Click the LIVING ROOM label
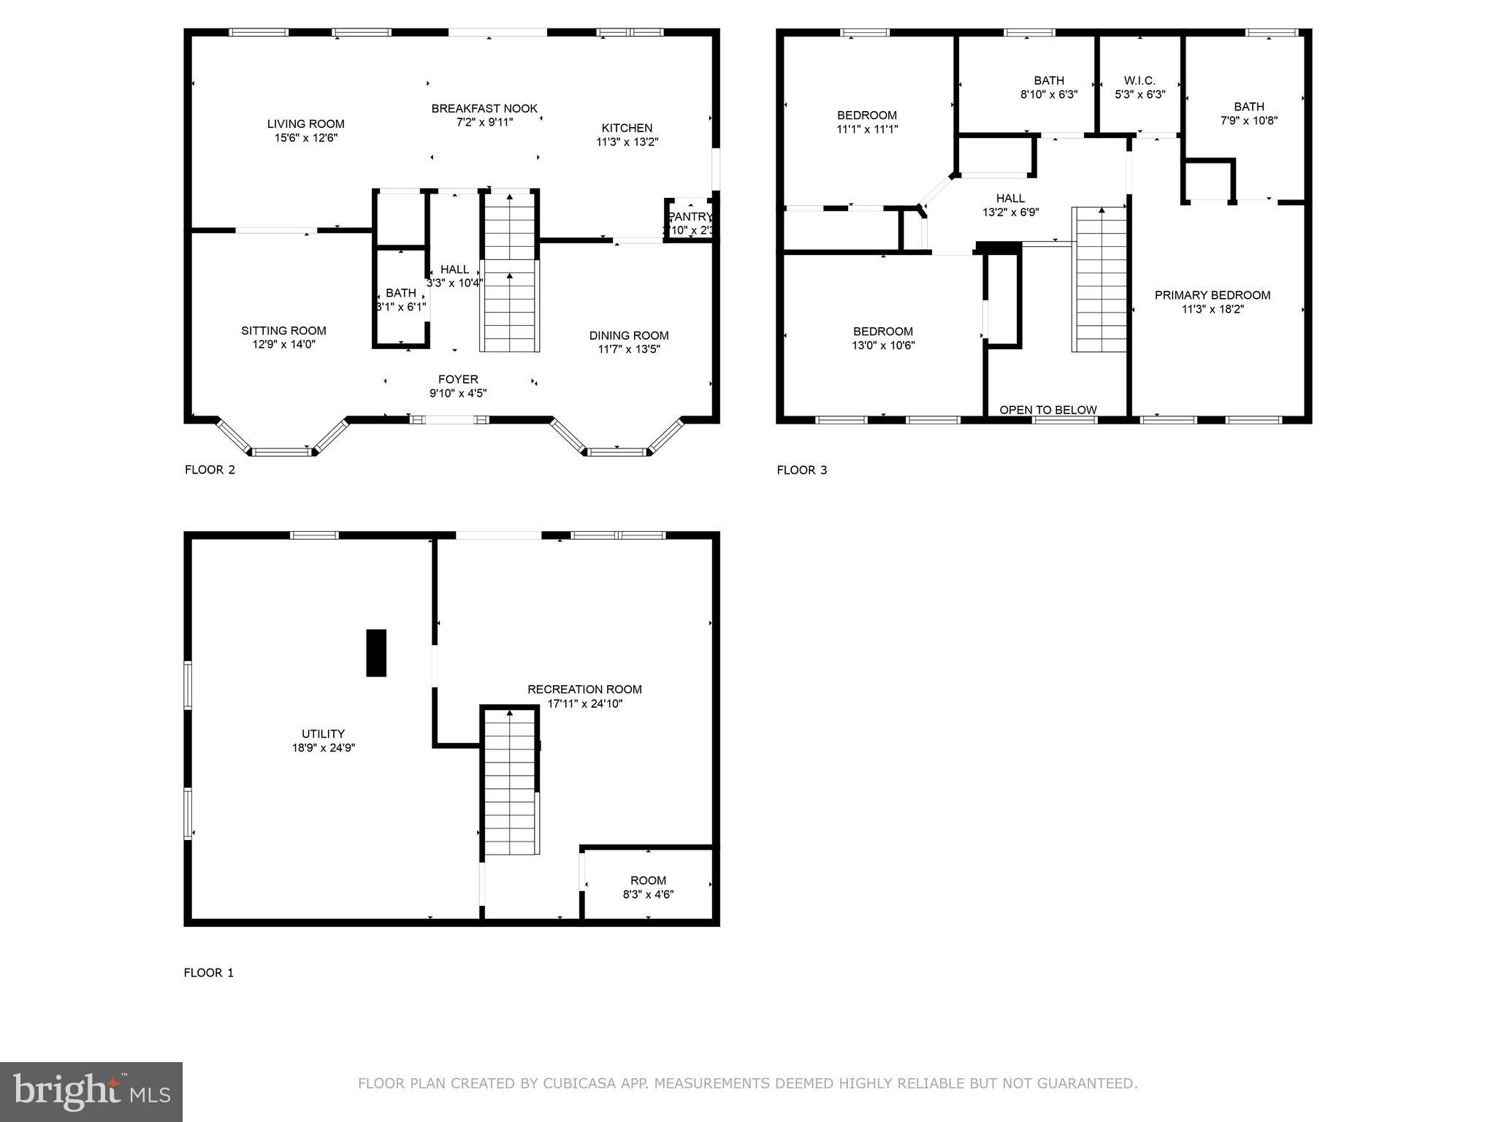point(305,124)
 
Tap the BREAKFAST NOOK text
point(484,109)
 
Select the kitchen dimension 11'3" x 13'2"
point(627,142)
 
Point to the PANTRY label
point(690,217)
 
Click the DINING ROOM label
point(629,336)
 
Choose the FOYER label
point(458,380)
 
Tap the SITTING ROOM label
point(283,331)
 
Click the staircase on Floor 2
point(509,292)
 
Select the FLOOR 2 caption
point(210,470)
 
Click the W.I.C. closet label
point(1140,81)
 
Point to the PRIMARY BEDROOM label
point(1212,295)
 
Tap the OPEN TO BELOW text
point(1047,410)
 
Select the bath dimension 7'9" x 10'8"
point(1248,121)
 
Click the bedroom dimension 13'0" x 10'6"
point(883,346)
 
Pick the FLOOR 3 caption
point(801,470)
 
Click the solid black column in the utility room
point(375,652)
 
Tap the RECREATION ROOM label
point(584,690)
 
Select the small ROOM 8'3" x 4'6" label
point(648,881)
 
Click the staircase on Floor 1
point(509,782)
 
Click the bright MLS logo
point(91,1091)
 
